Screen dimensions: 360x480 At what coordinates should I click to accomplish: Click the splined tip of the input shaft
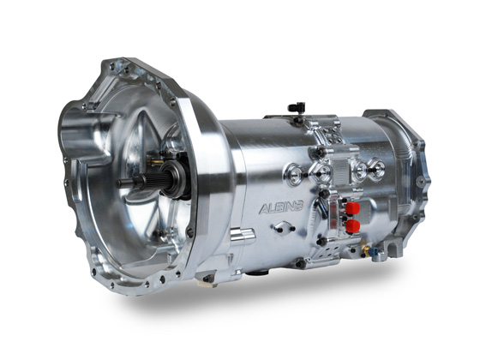pyautogui.click(x=126, y=183)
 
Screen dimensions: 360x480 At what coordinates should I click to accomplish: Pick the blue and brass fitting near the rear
pyautogui.click(x=366, y=250)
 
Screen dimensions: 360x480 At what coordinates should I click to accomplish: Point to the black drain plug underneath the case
pyautogui.click(x=255, y=273)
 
